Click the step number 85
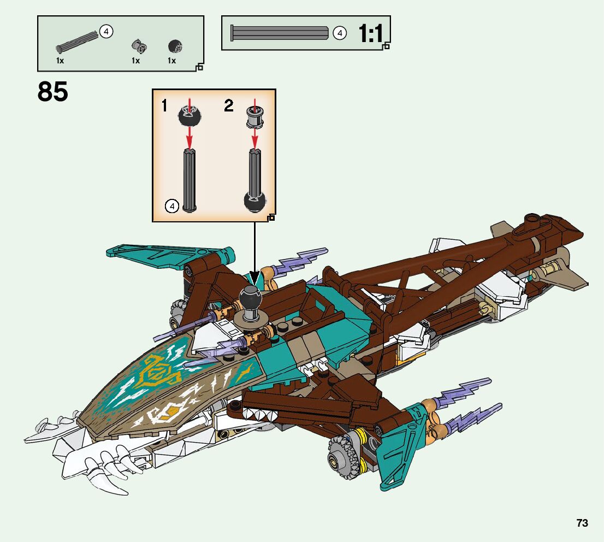tap(53, 92)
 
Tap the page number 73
tap(582, 523)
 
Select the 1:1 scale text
tap(371, 34)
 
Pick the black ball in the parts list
tap(174, 46)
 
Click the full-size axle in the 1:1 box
tap(281, 33)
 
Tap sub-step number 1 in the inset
tap(164, 105)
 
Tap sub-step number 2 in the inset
tap(228, 105)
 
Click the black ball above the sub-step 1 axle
tap(190, 115)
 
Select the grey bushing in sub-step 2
tap(254, 115)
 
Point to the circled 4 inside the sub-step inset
tap(171, 206)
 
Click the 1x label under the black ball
tap(172, 61)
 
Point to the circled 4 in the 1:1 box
tap(340, 33)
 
